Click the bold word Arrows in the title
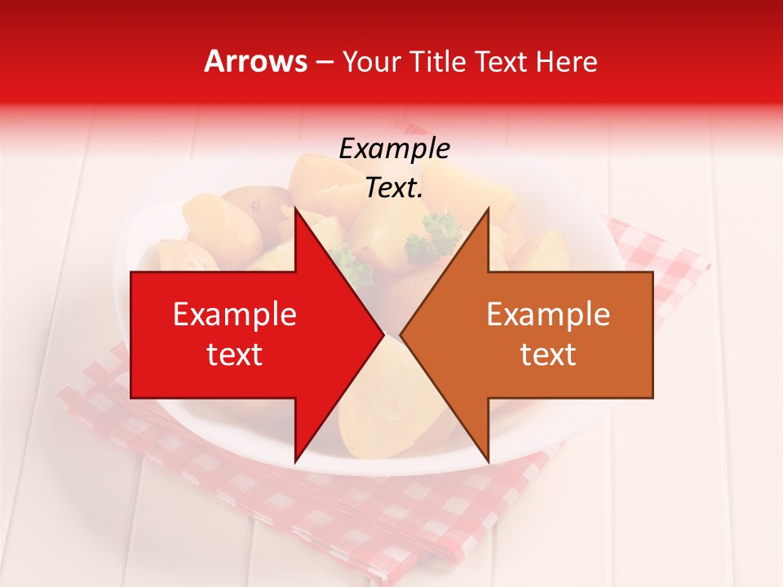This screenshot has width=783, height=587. (x=256, y=61)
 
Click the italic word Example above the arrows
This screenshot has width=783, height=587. (x=394, y=149)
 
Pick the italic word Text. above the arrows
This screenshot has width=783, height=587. (x=394, y=188)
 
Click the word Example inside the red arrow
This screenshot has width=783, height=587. (x=235, y=315)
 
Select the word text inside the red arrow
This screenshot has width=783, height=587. (x=235, y=355)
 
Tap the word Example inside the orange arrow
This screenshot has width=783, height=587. (x=548, y=315)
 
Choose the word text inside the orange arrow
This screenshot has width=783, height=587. (x=548, y=355)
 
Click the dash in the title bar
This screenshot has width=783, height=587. (x=324, y=62)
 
